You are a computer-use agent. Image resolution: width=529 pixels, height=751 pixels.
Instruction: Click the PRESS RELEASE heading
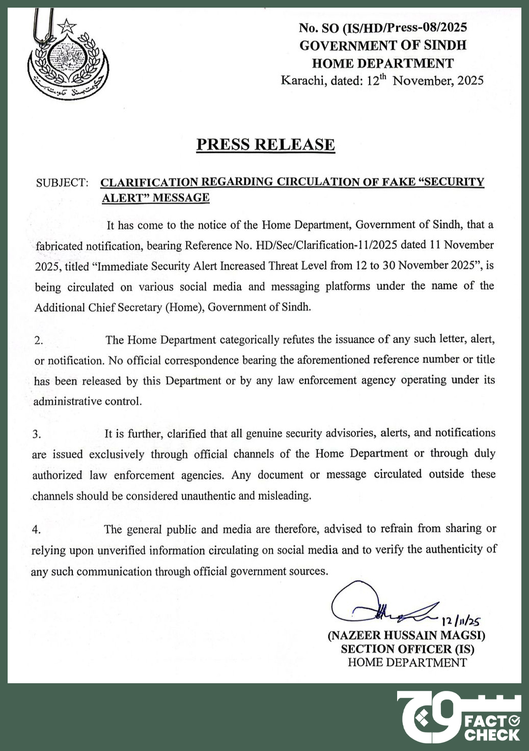click(265, 145)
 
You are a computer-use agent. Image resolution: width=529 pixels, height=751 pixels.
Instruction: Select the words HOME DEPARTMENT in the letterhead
click(382, 63)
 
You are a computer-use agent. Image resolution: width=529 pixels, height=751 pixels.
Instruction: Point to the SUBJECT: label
click(62, 183)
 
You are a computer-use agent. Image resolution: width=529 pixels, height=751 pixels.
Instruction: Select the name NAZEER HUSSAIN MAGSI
click(407, 635)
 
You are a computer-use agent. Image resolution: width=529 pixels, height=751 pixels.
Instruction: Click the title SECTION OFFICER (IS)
click(407, 649)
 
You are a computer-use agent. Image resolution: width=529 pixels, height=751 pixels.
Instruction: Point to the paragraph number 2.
click(39, 341)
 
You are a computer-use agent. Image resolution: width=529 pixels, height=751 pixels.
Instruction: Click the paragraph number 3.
click(37, 435)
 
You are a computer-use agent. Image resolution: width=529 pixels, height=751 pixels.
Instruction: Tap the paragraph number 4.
click(36, 530)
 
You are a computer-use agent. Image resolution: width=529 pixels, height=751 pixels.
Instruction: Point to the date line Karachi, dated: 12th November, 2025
click(382, 81)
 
